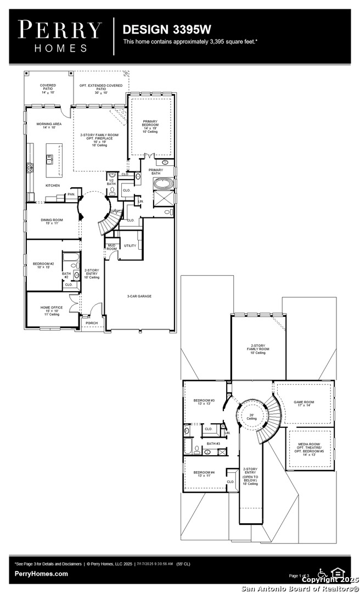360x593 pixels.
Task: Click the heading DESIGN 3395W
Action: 159,29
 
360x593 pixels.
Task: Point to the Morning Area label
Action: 49,126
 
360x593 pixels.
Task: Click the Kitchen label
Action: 53,186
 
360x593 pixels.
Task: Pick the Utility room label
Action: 130,245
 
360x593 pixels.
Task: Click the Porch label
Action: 92,323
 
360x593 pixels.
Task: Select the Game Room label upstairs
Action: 303,404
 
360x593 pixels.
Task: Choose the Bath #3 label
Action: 213,444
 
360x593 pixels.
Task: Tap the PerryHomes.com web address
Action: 42,574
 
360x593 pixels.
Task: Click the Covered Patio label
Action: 48,87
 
